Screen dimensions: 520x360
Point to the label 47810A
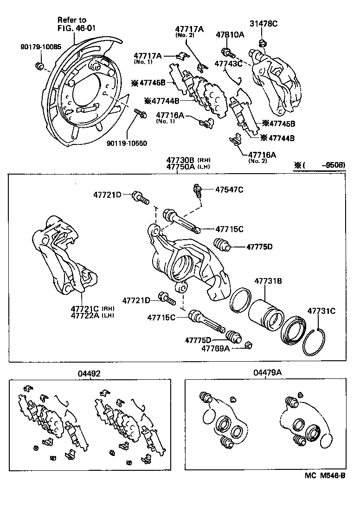230,34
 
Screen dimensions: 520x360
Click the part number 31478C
264,24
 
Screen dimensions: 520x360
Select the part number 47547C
229,189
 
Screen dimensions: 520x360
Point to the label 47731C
321,311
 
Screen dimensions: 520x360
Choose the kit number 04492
90,373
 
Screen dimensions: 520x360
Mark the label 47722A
85,316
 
